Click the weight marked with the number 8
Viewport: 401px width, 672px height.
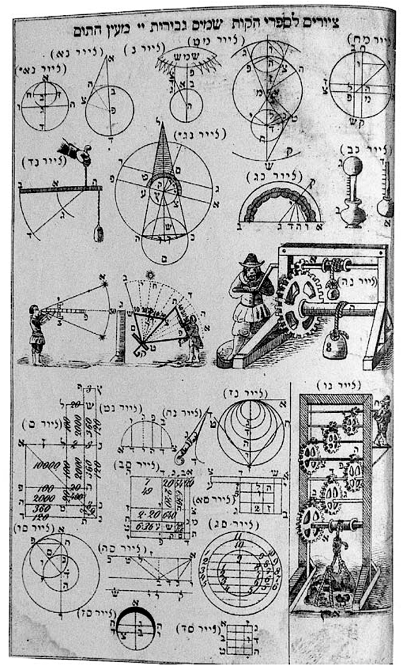pos(339,346)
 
